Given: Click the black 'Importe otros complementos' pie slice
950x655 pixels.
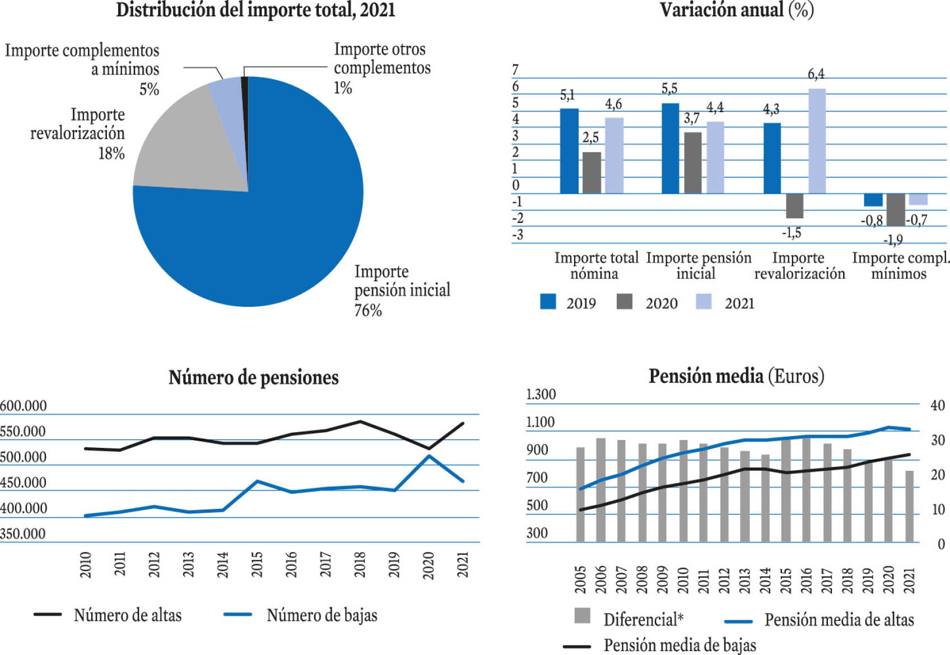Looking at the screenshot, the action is tap(245, 106).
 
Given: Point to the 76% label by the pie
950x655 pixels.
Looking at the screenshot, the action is tap(367, 310).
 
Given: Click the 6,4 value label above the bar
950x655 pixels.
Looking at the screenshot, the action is tap(816, 74).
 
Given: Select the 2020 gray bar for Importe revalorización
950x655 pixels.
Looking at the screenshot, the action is tap(794, 206).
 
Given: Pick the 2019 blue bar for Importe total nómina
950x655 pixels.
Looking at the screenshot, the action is tap(569, 151).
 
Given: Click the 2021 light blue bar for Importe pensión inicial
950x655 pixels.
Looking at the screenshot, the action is tap(715, 158).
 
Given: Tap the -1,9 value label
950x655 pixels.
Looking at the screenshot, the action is tap(893, 240).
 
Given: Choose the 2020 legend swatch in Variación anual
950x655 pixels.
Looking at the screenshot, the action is tap(625, 301).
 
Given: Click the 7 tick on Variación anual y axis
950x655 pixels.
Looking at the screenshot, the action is tap(515, 69).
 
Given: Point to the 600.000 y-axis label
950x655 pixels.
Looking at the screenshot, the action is tap(24, 406).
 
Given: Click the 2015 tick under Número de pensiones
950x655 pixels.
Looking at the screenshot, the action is tap(257, 564).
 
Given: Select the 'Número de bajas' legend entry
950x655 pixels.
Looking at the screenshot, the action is tap(300, 615).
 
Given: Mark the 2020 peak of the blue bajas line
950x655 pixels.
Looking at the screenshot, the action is tap(429, 456).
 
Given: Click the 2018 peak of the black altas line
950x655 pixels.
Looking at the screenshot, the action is tap(360, 422).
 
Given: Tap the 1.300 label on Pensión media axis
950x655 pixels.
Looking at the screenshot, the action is tap(541, 394).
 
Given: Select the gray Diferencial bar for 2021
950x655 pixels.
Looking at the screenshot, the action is tap(909, 506).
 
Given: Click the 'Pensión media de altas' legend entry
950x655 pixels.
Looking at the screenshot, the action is tap(819, 620).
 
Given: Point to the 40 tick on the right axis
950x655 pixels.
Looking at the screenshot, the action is tap(938, 405).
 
